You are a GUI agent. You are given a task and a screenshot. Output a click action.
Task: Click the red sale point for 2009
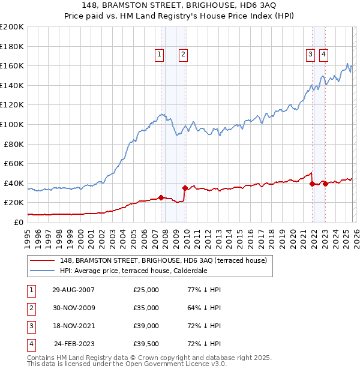click(185, 188)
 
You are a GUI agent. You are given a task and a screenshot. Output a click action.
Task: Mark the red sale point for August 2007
click(161, 197)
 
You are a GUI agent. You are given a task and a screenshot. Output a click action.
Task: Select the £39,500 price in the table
click(146, 344)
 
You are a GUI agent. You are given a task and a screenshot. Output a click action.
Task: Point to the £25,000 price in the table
click(146, 290)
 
